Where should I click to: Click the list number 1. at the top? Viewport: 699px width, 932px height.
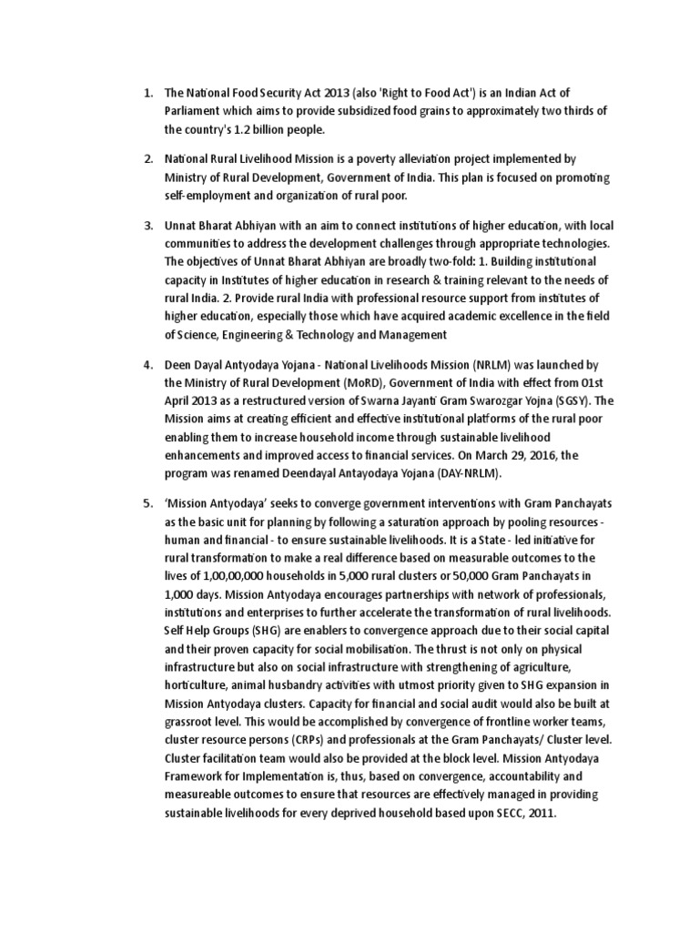pos(147,94)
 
